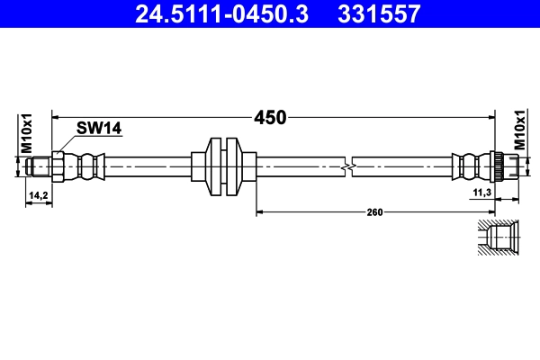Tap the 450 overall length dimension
click(270, 117)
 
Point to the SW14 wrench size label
click(99, 129)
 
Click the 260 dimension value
click(375, 212)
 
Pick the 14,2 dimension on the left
click(39, 194)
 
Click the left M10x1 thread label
click(27, 133)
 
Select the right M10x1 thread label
click(519, 131)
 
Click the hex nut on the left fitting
click(58, 166)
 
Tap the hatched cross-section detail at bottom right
click(497, 238)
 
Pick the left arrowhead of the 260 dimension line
click(261, 212)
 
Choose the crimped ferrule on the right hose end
click(468, 166)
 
